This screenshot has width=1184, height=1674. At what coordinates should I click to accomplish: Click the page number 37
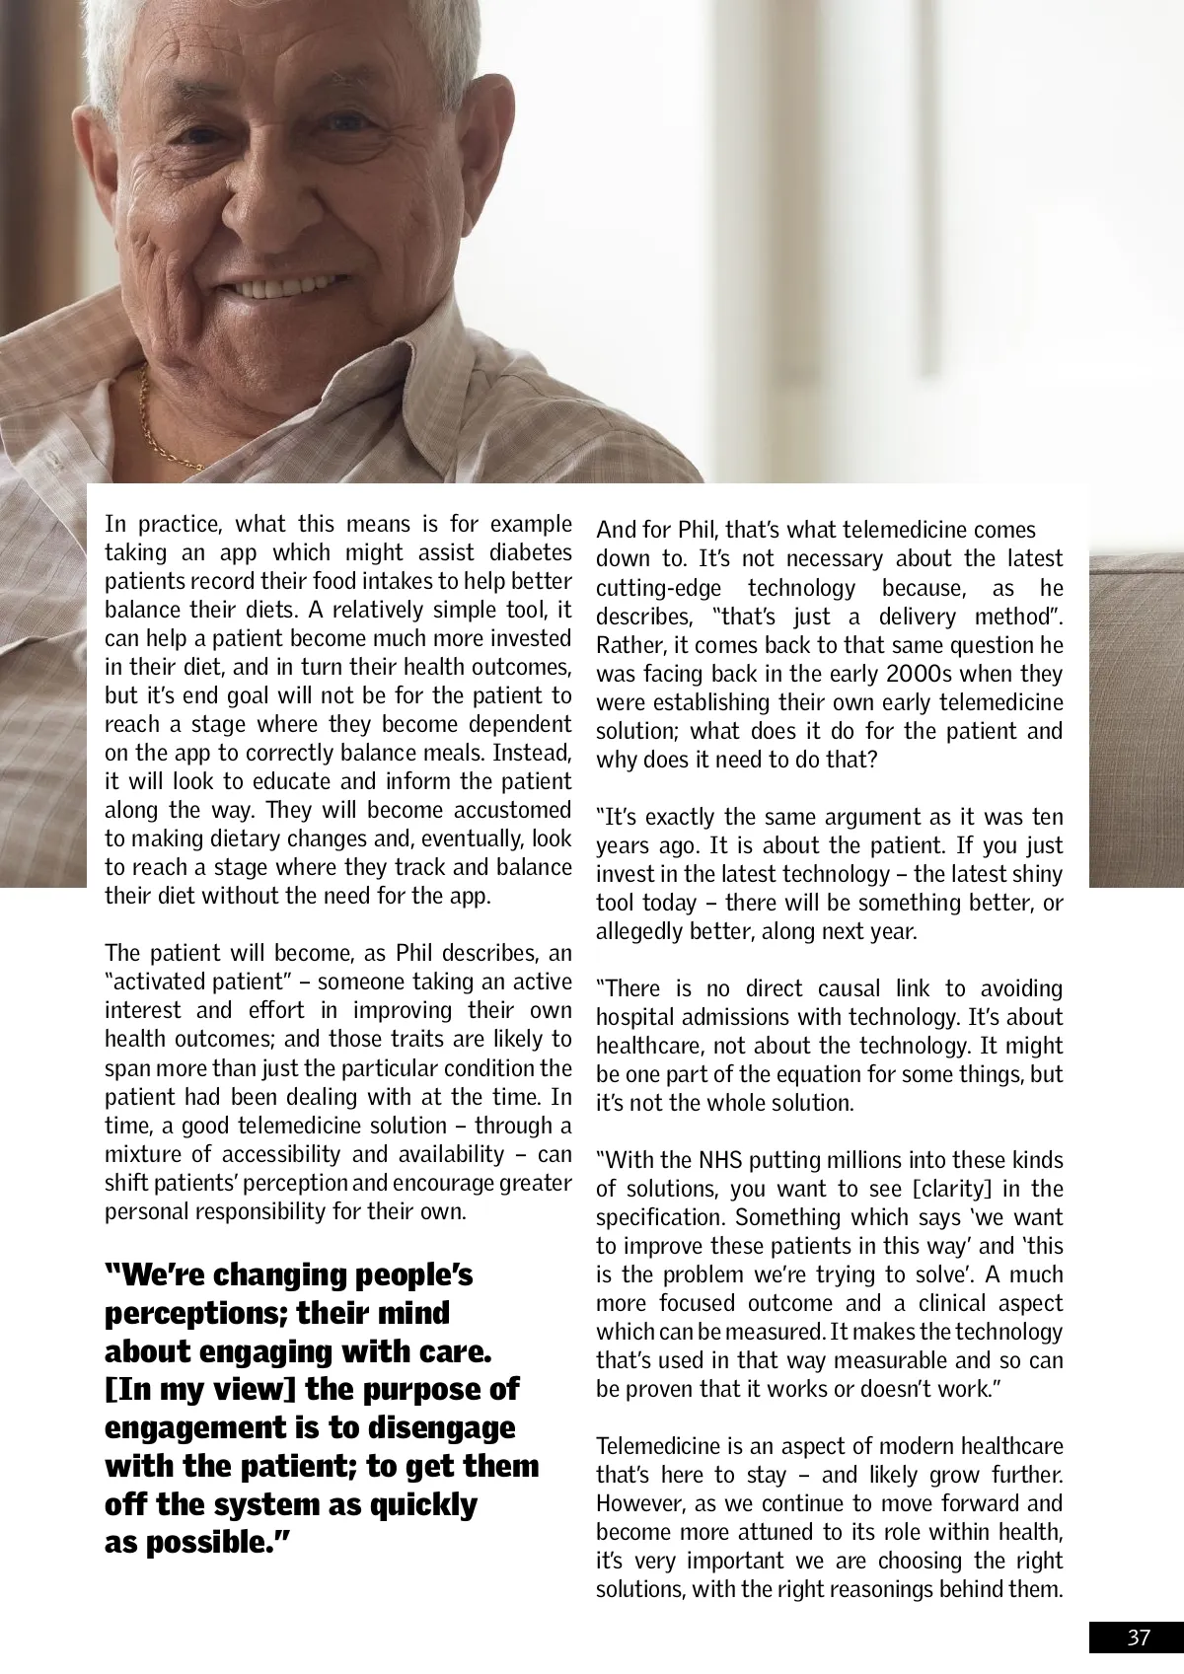tap(1139, 1638)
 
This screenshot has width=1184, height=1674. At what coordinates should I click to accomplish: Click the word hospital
tap(632, 1018)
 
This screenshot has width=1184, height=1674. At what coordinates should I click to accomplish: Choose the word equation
tap(826, 1075)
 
